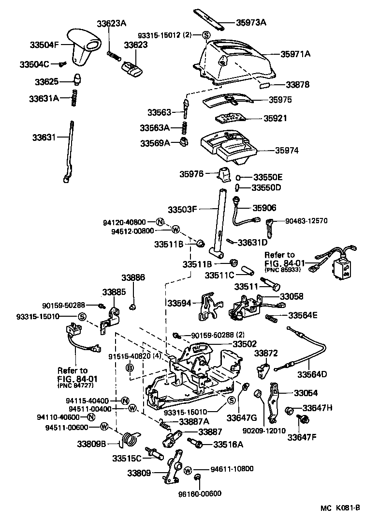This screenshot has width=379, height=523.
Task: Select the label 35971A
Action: [x=295, y=54]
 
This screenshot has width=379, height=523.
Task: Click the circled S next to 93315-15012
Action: [x=206, y=35]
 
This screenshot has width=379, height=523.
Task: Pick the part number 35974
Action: [x=287, y=151]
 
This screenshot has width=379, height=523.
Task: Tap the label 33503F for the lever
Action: [x=183, y=210]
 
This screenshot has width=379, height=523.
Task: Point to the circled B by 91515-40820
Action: [x=129, y=369]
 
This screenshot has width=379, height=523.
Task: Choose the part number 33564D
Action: [x=312, y=374]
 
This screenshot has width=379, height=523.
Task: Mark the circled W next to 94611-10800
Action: [x=189, y=470]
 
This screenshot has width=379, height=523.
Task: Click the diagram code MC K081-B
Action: [x=340, y=508]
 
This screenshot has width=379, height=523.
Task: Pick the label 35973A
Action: [x=251, y=22]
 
